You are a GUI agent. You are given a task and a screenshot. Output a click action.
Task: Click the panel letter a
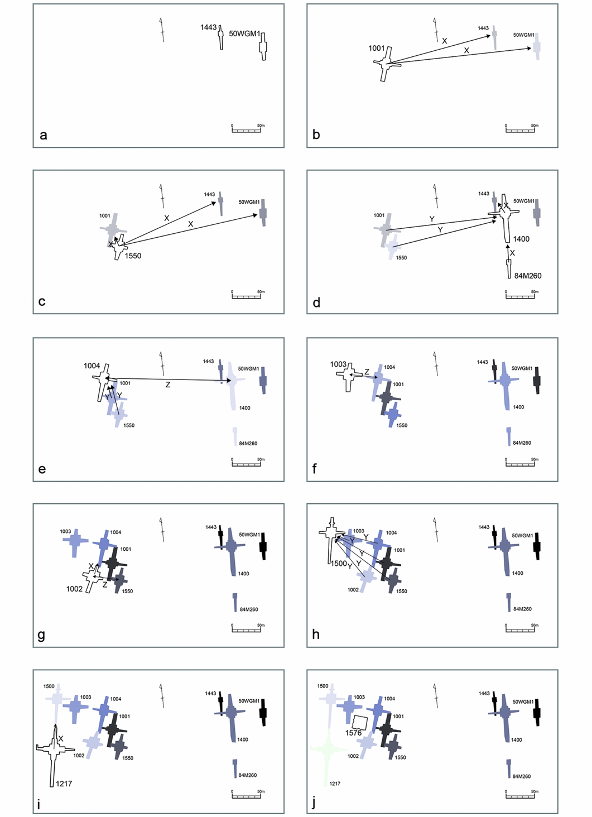click(43, 135)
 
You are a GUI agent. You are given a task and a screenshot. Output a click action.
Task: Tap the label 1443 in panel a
click(208, 27)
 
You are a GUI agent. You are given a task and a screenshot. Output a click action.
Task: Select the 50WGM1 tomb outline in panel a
click(263, 46)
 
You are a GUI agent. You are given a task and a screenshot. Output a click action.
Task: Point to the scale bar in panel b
click(520, 130)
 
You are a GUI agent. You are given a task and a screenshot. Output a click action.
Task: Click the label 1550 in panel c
click(133, 256)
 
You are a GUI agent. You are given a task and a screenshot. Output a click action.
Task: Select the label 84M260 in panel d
click(527, 276)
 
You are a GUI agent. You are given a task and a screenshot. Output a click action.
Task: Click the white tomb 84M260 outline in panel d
click(509, 268)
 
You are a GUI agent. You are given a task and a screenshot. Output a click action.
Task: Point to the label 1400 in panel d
click(521, 239)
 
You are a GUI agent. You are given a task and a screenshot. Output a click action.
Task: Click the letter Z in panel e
click(167, 385)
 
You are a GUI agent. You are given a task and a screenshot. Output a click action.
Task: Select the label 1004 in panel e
click(92, 366)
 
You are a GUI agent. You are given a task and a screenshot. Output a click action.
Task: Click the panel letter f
click(315, 469)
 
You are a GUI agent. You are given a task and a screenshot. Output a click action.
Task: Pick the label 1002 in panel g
click(74, 589)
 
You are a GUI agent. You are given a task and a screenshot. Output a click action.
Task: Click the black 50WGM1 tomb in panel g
click(263, 546)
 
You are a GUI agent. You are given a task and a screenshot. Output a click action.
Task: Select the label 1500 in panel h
click(339, 564)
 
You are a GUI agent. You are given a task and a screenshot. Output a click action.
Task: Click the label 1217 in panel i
click(64, 784)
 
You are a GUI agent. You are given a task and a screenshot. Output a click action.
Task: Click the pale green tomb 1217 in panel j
click(326, 753)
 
